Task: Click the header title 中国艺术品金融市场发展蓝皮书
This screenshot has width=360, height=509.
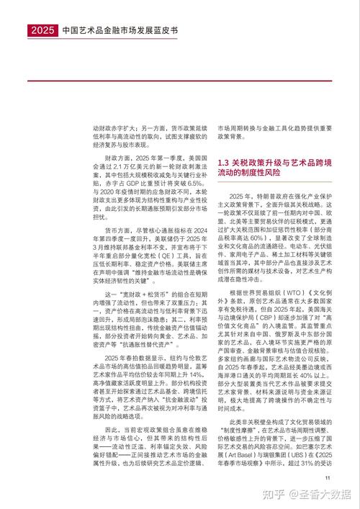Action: click(x=122, y=31)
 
